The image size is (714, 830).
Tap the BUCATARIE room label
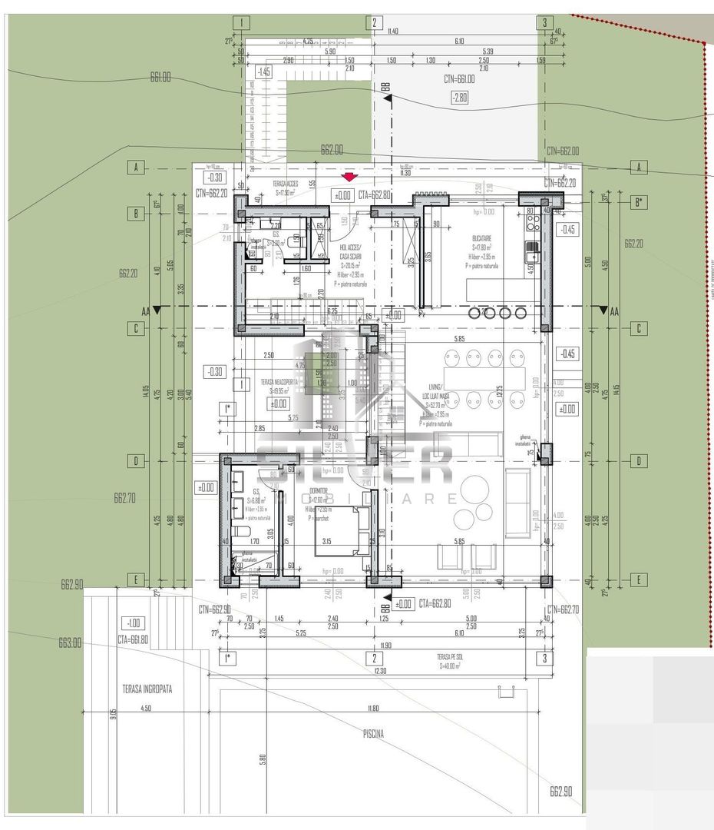[483, 239]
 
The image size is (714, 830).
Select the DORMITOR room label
[318, 490]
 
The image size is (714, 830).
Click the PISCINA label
[373, 734]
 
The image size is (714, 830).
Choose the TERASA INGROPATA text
[147, 689]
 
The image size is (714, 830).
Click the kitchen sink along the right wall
[530, 249]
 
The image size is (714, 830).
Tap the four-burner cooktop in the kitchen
[531, 222]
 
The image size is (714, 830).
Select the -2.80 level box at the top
[459, 97]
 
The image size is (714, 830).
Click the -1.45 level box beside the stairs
[264, 71]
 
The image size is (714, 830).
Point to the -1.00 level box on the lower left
[134, 622]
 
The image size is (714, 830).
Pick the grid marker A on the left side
[136, 167]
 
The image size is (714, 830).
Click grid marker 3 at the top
[544, 23]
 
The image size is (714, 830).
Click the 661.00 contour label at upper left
[160, 77]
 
